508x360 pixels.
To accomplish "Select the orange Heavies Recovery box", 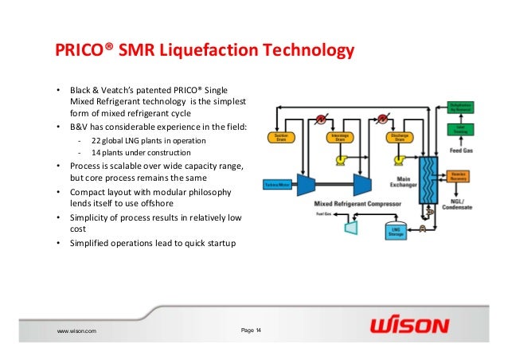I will point(459,177).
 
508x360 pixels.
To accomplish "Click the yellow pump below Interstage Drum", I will point(340,158).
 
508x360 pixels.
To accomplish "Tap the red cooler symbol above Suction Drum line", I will point(321,119).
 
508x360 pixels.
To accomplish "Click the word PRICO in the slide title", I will point(80,52).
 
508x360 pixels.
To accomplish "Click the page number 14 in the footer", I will point(259,328).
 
